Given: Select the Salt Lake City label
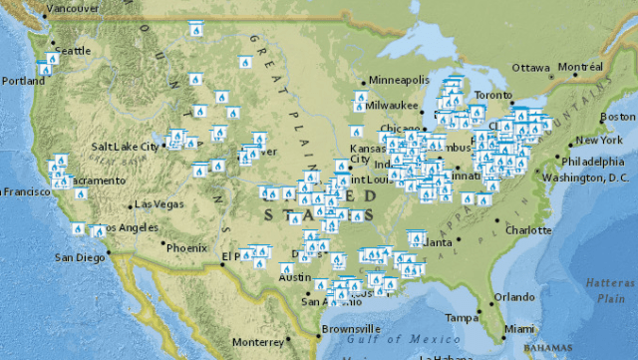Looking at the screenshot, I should click(x=126, y=146).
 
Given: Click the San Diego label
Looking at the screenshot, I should click(x=79, y=257).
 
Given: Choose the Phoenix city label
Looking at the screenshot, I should click(x=186, y=247).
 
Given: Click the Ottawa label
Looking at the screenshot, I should click(x=531, y=68).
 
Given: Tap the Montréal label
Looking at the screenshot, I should click(x=580, y=67).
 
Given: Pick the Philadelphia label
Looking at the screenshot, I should click(x=596, y=160).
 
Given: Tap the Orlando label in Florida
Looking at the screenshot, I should click(x=514, y=296).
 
